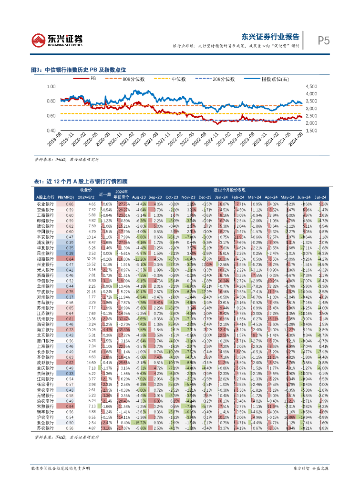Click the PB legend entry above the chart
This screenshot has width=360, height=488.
[x=93, y=79]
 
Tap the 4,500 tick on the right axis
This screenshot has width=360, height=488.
[x=310, y=87]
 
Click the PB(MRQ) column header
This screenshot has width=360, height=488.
[x=64, y=197]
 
